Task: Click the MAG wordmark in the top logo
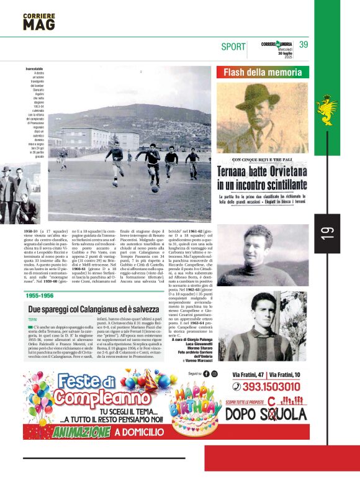click(x=38, y=24)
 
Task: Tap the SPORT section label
click(x=233, y=47)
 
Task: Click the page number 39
click(x=304, y=45)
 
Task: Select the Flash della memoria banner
click(x=263, y=72)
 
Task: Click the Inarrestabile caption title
click(x=35, y=68)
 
